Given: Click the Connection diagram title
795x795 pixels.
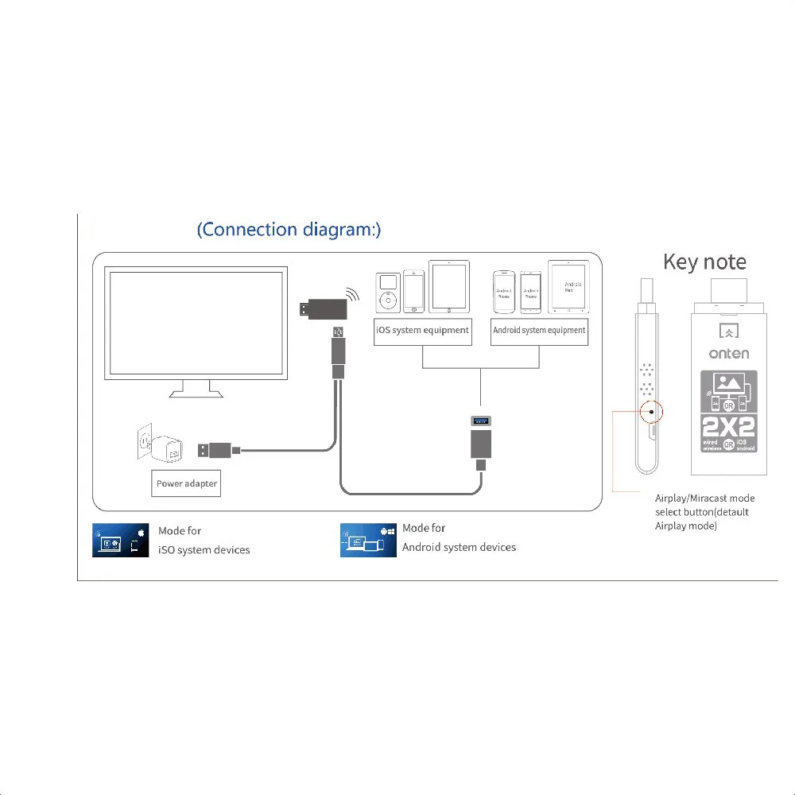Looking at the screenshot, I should pos(289,230).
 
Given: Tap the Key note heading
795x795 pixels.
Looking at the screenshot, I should pos(704,262).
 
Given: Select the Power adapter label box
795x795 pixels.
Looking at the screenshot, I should pos(186,483).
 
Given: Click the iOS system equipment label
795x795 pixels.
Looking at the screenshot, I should pos(422,330).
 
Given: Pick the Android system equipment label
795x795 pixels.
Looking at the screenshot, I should pos(539,330).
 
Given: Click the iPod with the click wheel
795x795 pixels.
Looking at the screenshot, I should pos(387,293).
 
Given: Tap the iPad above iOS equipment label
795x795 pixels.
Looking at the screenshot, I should pos(449,286).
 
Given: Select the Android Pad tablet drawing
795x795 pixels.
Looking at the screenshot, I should pos(568,286).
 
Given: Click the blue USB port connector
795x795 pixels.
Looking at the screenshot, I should pos(480,420).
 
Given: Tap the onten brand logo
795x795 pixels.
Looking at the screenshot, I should pos(728,354).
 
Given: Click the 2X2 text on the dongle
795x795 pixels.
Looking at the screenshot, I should pos(729,426).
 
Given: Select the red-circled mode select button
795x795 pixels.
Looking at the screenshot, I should pos(650,412).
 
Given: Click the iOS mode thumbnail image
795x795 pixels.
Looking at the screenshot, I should pos(121,540).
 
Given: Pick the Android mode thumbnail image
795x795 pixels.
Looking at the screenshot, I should pos(368,540).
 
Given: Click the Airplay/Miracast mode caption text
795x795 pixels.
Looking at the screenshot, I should pos(704,512).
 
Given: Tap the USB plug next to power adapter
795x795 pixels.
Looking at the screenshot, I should pos(212,450).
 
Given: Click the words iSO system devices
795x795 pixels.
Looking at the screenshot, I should pos(204,550).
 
